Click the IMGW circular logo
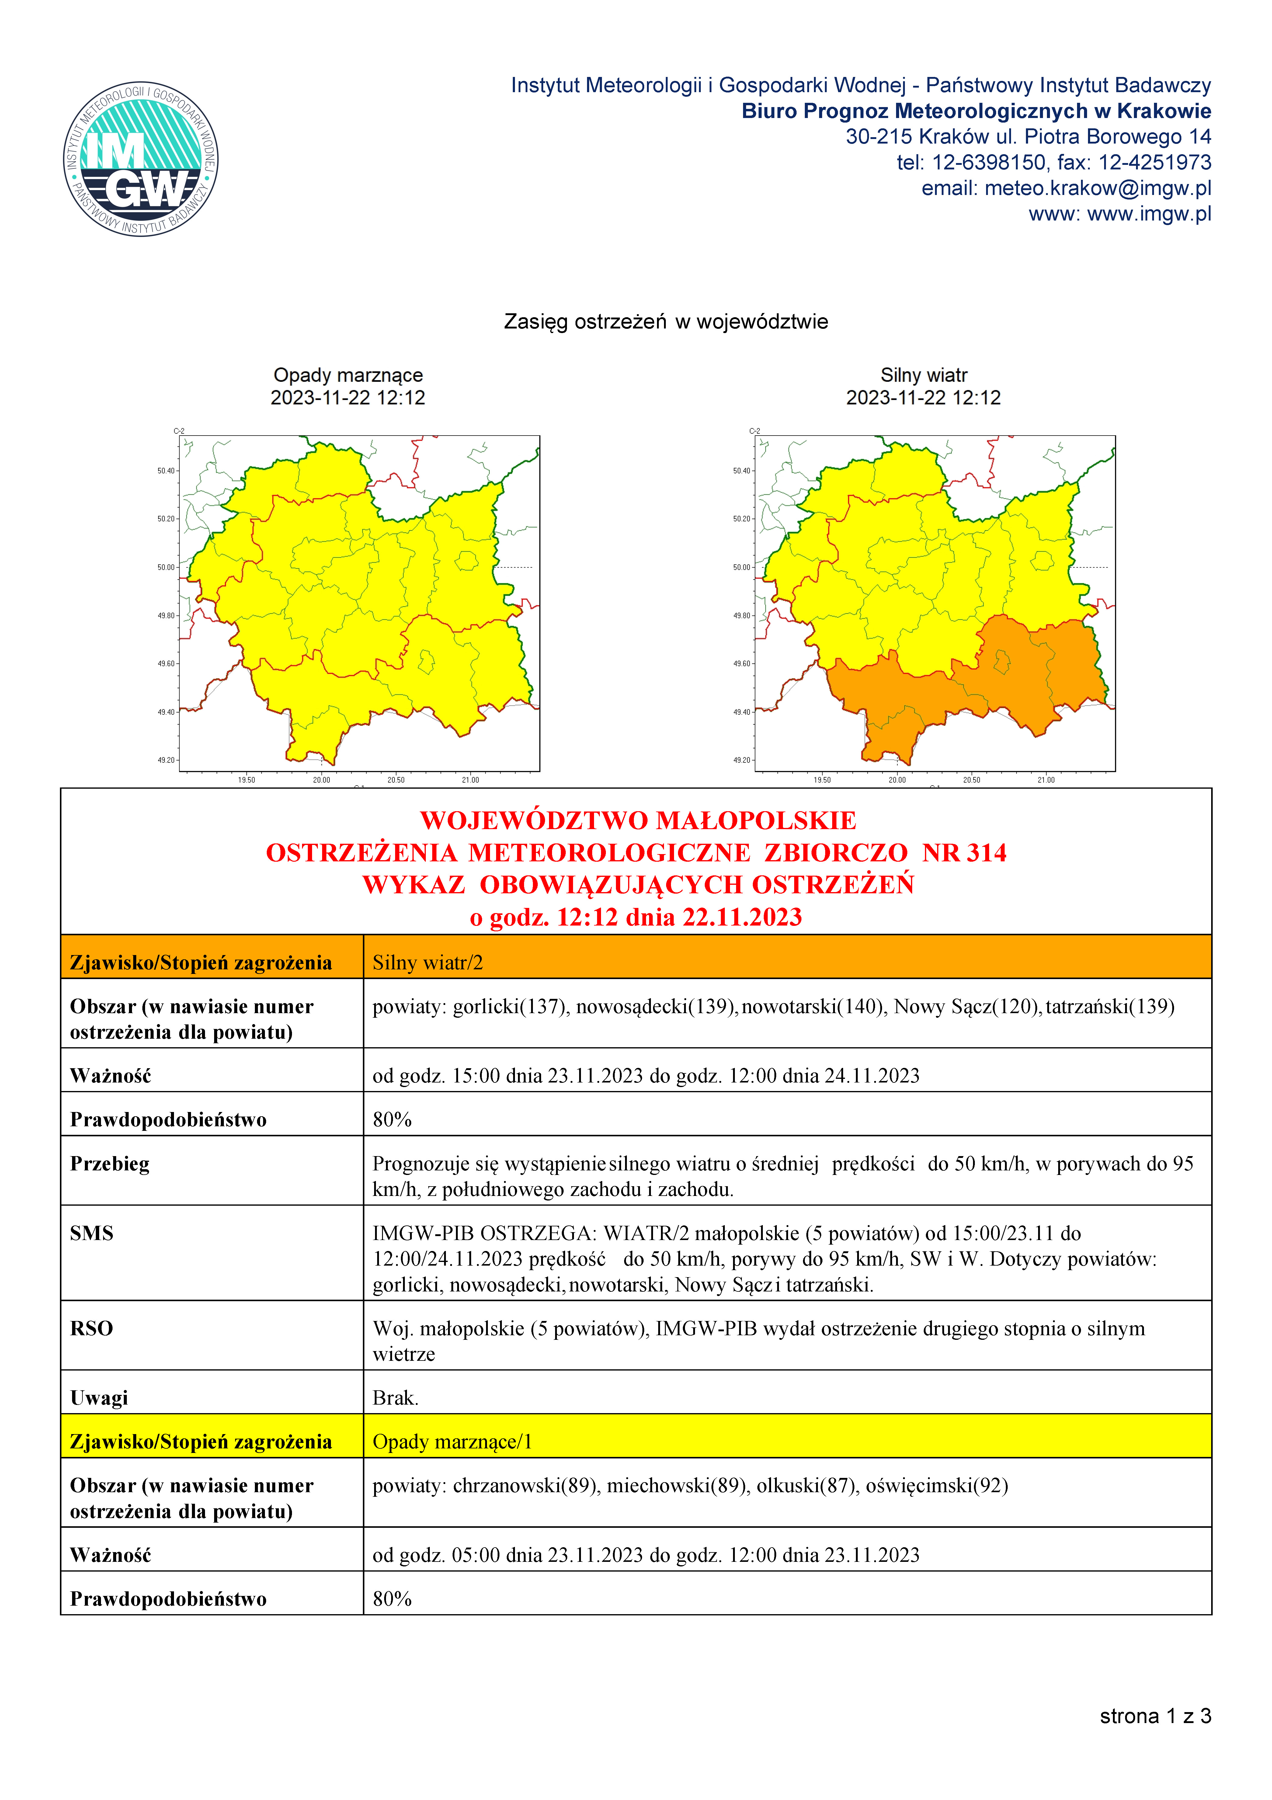[141, 159]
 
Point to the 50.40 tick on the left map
[166, 471]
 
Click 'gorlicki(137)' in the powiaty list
[510, 1007]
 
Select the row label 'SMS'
[92, 1233]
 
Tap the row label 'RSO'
[92, 1328]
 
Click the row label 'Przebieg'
[110, 1163]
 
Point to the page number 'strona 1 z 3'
[1154, 1716]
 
